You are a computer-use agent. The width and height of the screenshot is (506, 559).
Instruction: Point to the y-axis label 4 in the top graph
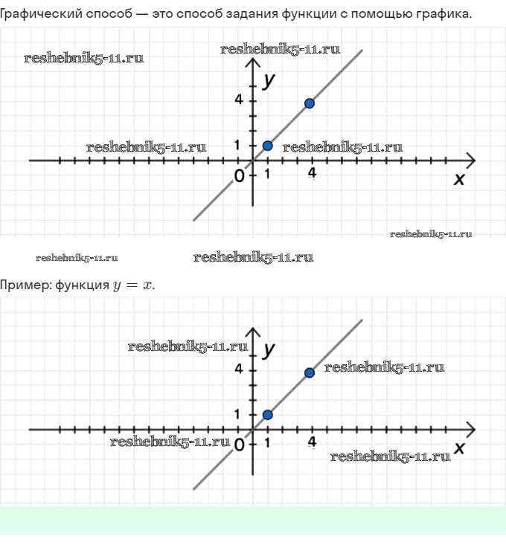239,100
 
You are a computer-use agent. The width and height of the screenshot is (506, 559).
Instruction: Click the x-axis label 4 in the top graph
313,173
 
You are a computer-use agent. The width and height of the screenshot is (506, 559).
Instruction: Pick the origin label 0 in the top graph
239,176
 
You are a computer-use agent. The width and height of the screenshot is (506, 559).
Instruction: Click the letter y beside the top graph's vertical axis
269,82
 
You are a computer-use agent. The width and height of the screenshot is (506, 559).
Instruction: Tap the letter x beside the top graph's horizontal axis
459,179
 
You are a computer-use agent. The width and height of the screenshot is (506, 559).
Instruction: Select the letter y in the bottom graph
269,351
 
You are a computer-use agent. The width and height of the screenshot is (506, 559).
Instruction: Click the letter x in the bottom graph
459,447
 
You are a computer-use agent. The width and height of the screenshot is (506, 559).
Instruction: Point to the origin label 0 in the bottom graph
239,445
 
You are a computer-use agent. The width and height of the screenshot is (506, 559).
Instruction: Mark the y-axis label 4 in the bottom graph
239,369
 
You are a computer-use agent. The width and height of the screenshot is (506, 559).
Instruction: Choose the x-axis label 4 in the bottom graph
313,442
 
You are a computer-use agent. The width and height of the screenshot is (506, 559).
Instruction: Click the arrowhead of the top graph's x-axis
471,161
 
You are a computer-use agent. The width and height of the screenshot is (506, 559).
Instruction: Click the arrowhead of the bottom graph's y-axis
253,332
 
